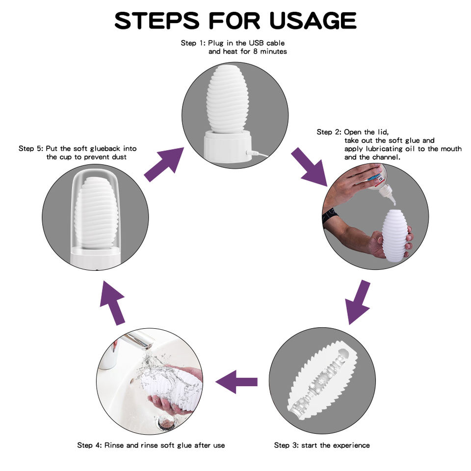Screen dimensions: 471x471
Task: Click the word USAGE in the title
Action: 313,21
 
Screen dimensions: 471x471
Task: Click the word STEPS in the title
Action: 157,21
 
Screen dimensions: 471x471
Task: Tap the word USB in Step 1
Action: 257,43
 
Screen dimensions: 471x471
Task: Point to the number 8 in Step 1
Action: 255,52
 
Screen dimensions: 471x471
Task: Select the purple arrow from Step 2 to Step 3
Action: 358,302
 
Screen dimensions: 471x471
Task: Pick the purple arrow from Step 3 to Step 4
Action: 236,382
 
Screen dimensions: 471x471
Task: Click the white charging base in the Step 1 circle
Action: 227,146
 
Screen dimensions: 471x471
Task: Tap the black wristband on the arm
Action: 330,215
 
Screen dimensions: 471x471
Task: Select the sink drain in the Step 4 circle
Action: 166,422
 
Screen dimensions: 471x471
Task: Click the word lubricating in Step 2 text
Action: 384,149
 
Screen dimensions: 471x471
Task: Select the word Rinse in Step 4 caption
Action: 114,445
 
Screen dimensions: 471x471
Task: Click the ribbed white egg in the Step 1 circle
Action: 227,100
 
